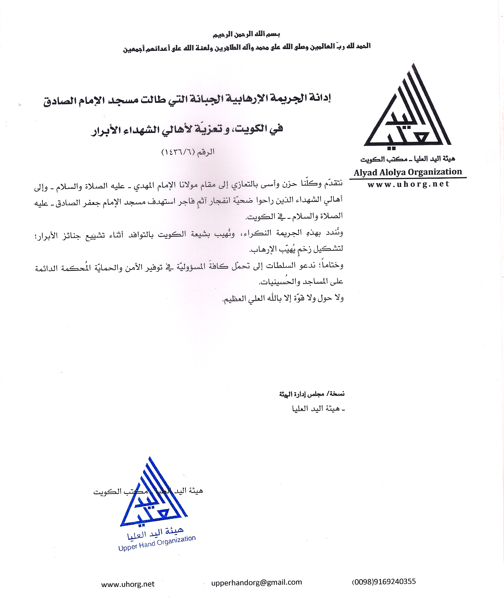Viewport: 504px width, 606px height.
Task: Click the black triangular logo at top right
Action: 407,113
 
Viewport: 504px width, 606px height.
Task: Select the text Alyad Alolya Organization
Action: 408,172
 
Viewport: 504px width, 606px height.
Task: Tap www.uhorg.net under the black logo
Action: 408,184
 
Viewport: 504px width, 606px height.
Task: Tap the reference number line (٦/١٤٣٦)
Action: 188,152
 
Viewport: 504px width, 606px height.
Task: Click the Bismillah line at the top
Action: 246,34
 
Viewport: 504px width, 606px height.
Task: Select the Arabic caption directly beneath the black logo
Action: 408,159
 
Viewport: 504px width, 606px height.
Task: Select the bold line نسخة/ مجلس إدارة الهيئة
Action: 312,395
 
